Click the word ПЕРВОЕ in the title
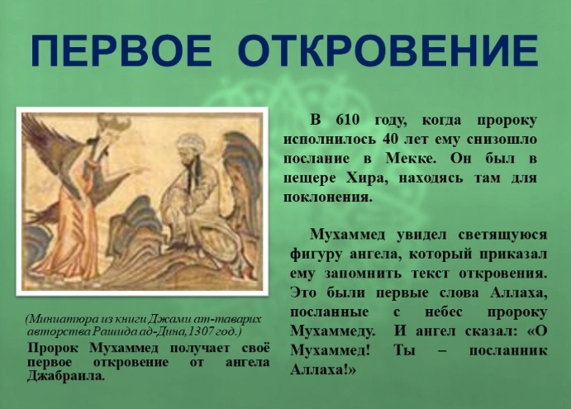[121, 50]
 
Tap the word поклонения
[328, 197]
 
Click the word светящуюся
[502, 235]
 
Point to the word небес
[444, 312]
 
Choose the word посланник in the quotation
[508, 350]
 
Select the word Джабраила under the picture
[66, 376]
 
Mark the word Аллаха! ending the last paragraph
[322, 370]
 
